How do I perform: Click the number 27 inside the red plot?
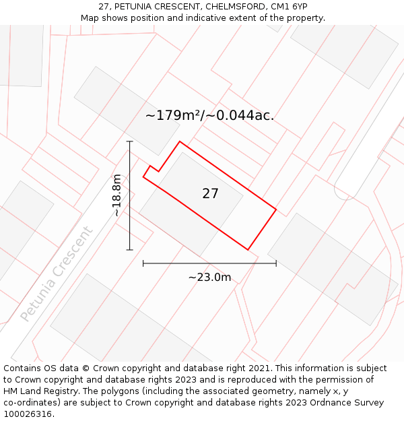point(210,194)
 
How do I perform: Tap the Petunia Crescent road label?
point(57,273)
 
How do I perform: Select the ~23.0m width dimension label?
point(209,278)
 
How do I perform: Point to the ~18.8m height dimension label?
point(117,195)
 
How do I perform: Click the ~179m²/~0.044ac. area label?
point(209,115)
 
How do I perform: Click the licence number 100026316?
point(28,414)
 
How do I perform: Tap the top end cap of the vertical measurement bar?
point(129,141)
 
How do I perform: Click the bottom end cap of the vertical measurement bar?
point(129,250)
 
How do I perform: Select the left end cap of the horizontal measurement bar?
point(143,263)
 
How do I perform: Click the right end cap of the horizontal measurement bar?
point(276,263)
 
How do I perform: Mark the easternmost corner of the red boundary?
point(276,209)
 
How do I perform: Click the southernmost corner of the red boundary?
point(248,250)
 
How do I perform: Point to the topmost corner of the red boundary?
point(180,141)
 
